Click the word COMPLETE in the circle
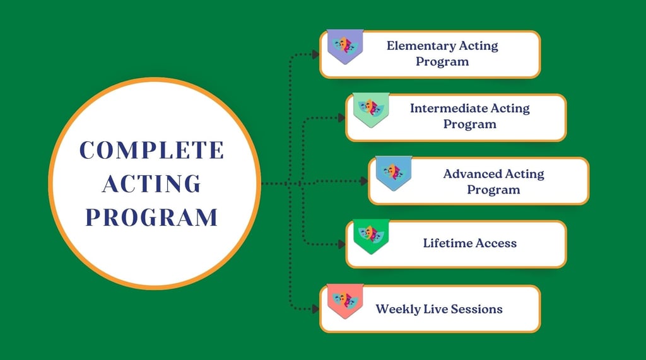151,150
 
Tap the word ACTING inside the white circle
151,183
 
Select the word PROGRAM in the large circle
151,218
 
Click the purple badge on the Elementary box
345,46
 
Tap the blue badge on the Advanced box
394,173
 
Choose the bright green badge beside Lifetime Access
371,236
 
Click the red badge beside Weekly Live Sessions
345,301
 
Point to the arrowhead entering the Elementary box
315,54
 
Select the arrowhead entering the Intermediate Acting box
341,118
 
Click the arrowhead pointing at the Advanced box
364,181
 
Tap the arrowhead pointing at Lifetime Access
341,244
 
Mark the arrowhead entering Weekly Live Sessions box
315,308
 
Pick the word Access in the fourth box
496,243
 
